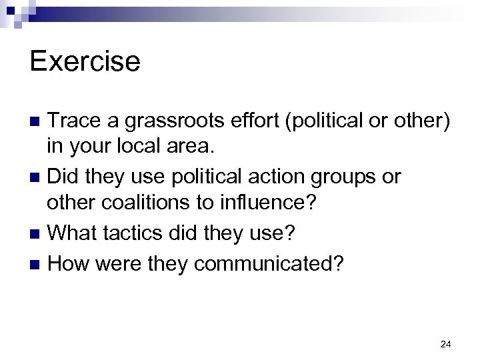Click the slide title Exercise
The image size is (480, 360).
[85, 62]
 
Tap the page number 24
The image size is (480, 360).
[446, 344]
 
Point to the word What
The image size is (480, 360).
[71, 234]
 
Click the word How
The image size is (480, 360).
[69, 263]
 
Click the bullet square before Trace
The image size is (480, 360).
[38, 122]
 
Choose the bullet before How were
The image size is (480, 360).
[38, 264]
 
